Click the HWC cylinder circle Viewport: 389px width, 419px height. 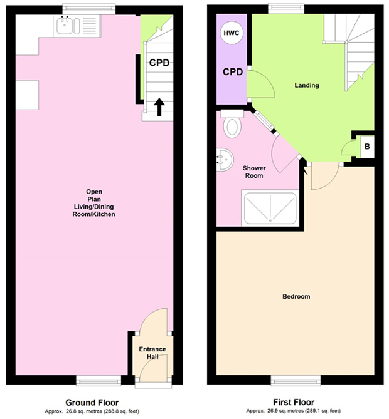[x=232, y=33]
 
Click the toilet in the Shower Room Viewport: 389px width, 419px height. [x=232, y=123]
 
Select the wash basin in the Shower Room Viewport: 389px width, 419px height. [x=225, y=160]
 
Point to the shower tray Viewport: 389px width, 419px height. [x=270, y=208]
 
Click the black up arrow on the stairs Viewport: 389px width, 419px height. [x=159, y=107]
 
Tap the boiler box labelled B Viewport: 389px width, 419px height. [x=367, y=147]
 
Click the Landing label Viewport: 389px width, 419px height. [x=307, y=85]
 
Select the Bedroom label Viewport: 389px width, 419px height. [x=296, y=296]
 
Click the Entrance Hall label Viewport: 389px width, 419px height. [x=152, y=353]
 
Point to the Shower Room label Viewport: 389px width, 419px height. [x=254, y=172]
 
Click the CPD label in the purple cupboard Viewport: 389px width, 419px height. [x=233, y=71]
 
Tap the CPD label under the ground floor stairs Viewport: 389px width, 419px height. [x=159, y=63]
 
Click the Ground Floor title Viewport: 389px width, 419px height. [x=92, y=403]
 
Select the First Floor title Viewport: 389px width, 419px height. [x=294, y=402]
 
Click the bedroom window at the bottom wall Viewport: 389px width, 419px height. [x=296, y=381]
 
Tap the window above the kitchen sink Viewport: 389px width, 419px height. [x=89, y=9]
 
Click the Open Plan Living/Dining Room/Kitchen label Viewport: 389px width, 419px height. [x=94, y=203]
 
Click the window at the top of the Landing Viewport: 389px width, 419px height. [x=286, y=8]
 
